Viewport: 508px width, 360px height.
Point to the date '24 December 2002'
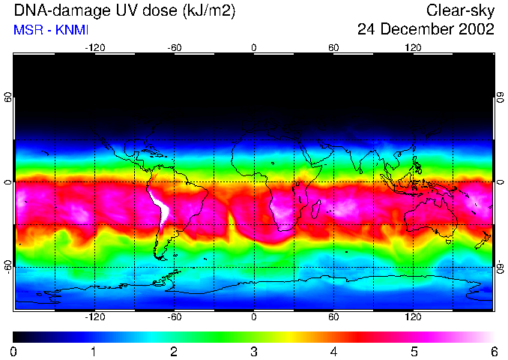coord(426,30)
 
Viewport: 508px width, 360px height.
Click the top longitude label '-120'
coord(94,47)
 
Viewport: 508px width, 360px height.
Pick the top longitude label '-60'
coord(175,47)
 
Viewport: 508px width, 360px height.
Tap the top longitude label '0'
coord(254,47)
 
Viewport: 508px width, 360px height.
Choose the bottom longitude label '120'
coord(413,316)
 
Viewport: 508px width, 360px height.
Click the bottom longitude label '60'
coord(333,316)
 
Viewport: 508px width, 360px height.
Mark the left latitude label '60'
coord(8,97)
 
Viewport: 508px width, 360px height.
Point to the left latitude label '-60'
coord(8,266)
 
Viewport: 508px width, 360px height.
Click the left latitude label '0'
coord(8,182)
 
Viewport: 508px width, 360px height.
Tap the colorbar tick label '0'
coord(14,351)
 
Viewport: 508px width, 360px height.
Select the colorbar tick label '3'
coord(254,351)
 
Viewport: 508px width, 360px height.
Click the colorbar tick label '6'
coord(493,351)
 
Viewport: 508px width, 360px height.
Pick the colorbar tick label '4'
coord(333,351)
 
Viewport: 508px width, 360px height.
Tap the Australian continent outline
coord(431,217)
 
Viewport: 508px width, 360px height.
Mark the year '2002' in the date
coord(474,30)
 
